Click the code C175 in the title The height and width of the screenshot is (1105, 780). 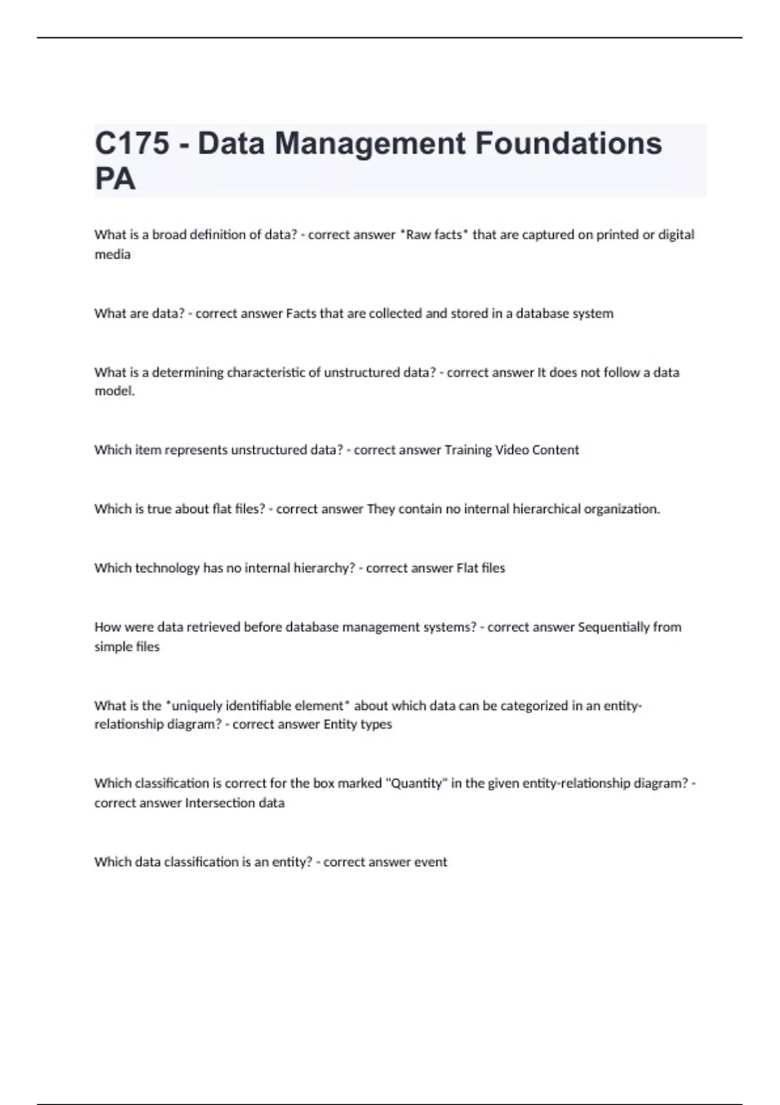point(132,144)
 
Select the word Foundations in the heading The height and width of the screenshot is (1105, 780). point(569,144)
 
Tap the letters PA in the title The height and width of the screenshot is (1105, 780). point(115,179)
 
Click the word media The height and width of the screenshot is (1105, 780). point(112,255)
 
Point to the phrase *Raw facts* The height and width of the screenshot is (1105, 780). point(434,235)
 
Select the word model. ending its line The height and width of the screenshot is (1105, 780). point(114,391)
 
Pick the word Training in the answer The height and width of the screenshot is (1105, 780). point(468,450)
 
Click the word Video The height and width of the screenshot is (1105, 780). point(512,450)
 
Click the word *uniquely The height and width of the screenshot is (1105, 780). point(194,706)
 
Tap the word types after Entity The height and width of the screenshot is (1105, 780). point(376,724)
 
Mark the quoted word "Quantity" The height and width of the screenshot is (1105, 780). point(416,783)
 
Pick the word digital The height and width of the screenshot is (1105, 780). point(676,235)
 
